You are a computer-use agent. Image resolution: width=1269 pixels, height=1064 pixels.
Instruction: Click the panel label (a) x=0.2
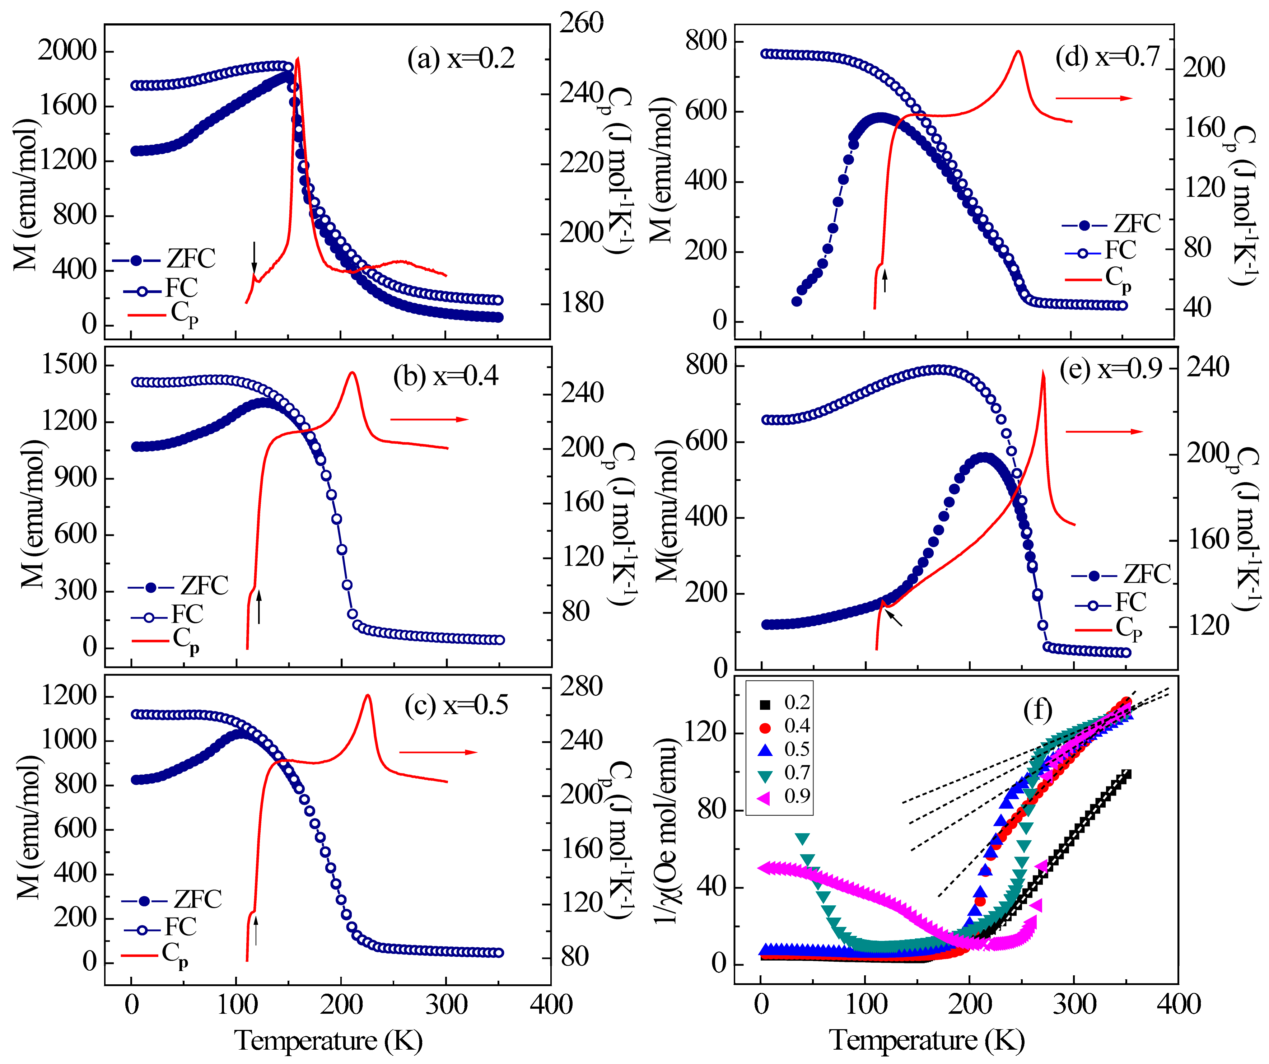click(x=461, y=59)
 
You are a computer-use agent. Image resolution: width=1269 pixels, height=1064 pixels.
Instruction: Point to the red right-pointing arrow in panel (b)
click(x=429, y=419)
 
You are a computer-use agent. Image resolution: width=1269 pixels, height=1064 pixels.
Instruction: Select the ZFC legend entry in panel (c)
click(x=172, y=900)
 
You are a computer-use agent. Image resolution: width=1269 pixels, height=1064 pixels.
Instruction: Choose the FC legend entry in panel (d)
click(x=1100, y=251)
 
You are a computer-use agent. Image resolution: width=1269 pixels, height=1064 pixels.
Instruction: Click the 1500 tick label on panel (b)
click(x=68, y=365)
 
